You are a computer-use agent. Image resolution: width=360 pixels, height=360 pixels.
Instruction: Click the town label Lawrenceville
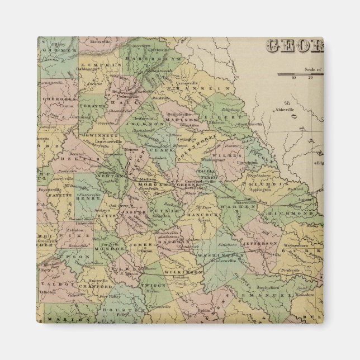click(x=100, y=140)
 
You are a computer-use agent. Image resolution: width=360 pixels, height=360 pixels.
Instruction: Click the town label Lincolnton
click(x=250, y=162)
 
